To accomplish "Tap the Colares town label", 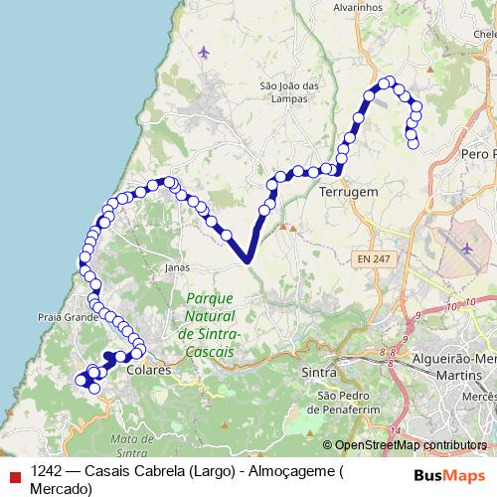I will point(149,370).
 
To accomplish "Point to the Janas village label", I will point(177,266).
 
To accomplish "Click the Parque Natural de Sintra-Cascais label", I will point(209,325).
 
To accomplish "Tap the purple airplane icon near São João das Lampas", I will point(205,51).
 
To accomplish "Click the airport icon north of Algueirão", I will point(467,246).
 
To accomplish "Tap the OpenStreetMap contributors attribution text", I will point(411,445).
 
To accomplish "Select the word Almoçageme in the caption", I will point(298,471).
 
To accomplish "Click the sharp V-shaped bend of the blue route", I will point(246,260).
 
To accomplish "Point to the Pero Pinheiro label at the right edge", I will point(479,154).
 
